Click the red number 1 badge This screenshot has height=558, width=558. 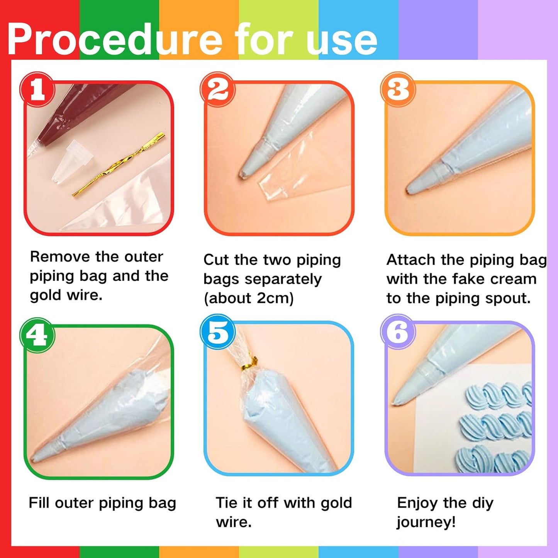pos(37,89)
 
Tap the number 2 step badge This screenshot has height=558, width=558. pos(218,89)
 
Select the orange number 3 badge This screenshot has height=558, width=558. pos(398,89)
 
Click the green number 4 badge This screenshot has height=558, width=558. pos(37,335)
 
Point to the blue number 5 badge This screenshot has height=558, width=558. pos(218,332)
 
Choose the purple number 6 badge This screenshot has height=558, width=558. pos(398,332)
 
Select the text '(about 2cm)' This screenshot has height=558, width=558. pos(249,298)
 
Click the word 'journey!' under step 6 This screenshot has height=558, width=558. pos(426,522)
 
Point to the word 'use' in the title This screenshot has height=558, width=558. pos(341,39)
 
